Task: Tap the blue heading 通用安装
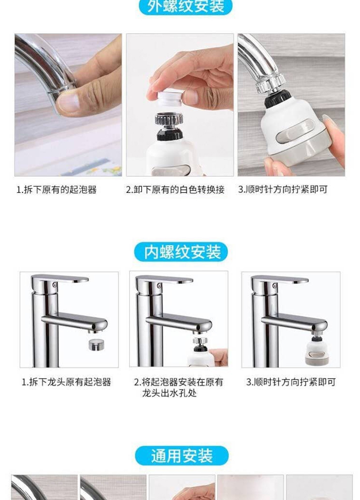coord(181,456)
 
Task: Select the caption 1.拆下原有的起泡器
coord(57,190)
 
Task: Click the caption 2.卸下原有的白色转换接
coord(175,190)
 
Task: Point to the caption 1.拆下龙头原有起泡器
coord(66,381)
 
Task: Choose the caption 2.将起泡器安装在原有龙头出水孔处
coord(178,387)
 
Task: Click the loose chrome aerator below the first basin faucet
coord(96,345)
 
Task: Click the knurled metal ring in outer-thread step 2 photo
coord(169,119)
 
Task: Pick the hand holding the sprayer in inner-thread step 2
coord(219,357)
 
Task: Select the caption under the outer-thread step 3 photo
coord(283,190)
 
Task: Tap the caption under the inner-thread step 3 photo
coord(291,381)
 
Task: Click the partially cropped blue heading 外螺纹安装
coord(186,7)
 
